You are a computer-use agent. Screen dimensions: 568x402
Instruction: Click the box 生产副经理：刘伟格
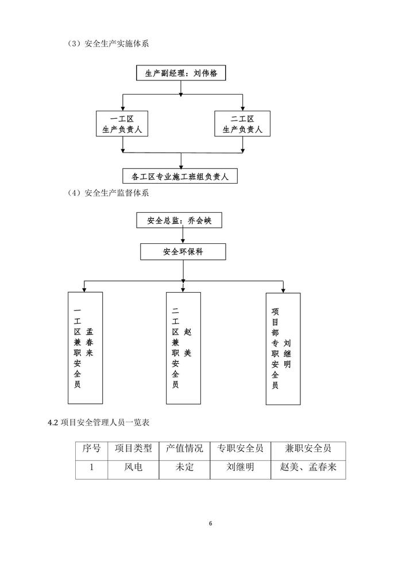[x=181, y=73]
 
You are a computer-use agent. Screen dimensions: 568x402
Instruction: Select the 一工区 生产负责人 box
[x=122, y=124]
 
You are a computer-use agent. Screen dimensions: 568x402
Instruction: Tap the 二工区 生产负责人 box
[x=242, y=124]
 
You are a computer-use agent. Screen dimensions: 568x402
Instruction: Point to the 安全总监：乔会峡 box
[x=179, y=221]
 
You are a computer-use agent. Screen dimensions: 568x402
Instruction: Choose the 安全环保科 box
[x=183, y=251]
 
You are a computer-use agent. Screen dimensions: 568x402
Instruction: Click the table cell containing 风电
[x=133, y=468]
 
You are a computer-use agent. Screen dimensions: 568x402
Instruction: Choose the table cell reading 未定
[x=184, y=468]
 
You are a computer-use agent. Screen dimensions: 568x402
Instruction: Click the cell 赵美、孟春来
[x=308, y=468]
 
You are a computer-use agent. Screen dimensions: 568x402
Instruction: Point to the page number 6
[x=210, y=523]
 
